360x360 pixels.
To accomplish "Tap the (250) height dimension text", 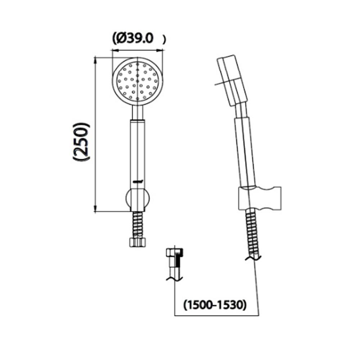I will click(81, 142).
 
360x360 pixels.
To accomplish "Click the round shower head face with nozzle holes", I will click(138, 81).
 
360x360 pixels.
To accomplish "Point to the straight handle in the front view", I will click(138, 151).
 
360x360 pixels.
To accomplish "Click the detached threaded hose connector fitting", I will click(175, 259).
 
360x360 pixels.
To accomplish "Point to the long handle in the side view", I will click(246, 151).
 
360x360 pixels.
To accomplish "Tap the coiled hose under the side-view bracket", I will click(252, 232).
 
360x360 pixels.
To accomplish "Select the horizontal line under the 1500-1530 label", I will click(216, 316).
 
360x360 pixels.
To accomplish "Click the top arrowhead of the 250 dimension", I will click(95, 59).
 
